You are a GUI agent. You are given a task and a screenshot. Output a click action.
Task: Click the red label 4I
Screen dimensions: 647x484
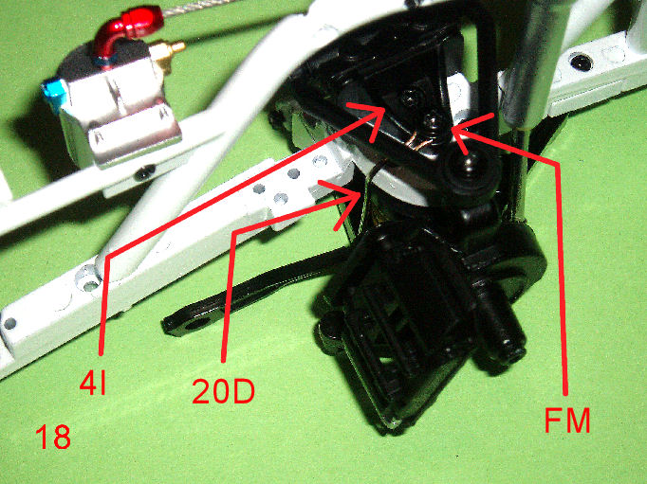point(93,383)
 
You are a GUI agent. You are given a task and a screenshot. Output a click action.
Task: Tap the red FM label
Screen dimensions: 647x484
point(567,420)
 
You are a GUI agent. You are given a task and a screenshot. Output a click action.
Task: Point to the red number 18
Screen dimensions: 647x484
point(53,437)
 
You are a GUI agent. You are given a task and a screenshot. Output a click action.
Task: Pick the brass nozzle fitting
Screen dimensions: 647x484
point(167,54)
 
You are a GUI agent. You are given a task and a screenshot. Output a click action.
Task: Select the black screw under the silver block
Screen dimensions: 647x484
point(144,172)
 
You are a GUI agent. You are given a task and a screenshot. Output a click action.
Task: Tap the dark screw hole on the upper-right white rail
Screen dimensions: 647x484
point(582,63)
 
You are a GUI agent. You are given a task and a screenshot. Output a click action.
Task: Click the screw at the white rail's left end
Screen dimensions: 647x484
point(9,324)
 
